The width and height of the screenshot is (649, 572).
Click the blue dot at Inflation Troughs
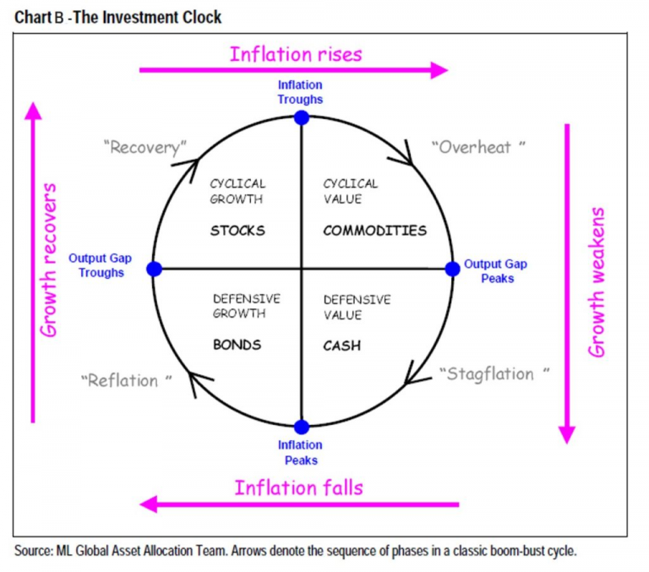tap(302, 118)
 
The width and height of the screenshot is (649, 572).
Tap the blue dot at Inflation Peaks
tap(302, 427)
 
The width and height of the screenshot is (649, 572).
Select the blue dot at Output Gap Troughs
tap(153, 269)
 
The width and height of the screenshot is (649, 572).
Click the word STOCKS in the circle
tap(237, 231)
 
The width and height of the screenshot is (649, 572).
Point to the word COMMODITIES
tap(374, 231)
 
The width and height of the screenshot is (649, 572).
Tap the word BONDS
tap(237, 345)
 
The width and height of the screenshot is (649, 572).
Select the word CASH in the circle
tap(341, 346)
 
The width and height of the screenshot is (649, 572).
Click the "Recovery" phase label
tap(145, 148)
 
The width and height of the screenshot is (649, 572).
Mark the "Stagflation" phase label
tap(494, 373)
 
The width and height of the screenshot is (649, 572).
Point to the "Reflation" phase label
tap(126, 380)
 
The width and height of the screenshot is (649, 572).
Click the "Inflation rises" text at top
tap(296, 54)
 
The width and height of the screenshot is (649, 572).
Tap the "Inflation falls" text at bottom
tap(298, 488)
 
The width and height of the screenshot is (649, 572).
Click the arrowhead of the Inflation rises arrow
tap(439, 70)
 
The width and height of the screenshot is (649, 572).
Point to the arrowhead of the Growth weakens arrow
tap(567, 433)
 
